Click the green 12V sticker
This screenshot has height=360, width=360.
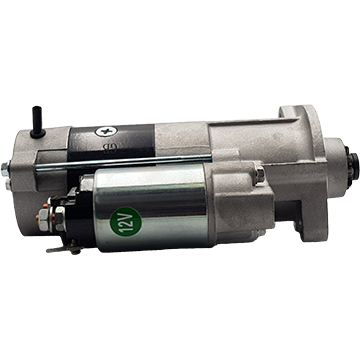[125, 222]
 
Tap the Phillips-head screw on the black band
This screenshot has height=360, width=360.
[106, 131]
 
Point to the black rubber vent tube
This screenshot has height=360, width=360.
[37, 122]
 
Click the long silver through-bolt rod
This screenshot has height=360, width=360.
[123, 163]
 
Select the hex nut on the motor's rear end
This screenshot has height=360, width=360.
[5, 169]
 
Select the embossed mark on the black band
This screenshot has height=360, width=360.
[109, 147]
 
